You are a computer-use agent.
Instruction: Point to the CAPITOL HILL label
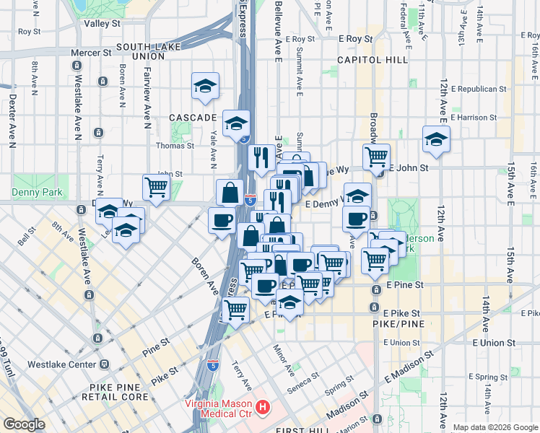[x=372, y=60]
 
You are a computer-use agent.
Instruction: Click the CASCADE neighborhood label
[x=193, y=117]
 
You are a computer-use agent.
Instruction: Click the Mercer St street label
[x=92, y=53]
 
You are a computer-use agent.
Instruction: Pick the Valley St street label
[x=102, y=23]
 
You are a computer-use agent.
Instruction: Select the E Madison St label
[x=408, y=367]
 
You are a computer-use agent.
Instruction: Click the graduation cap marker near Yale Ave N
[x=205, y=87]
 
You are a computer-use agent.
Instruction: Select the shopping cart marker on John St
[x=157, y=187]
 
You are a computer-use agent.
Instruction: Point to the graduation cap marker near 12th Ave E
[x=436, y=141]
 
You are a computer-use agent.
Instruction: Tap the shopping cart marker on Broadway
[x=376, y=156]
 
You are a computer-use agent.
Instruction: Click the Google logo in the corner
[x=24, y=424]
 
